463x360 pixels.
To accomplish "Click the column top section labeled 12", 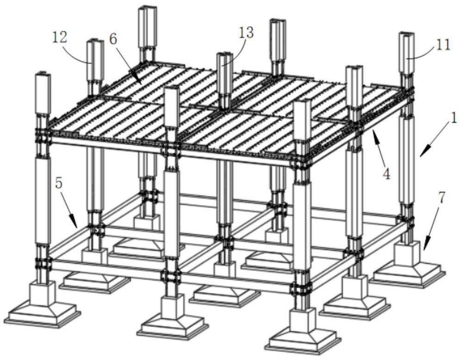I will pyautogui.click(x=94, y=60).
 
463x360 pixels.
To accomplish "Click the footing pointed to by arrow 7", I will pyautogui.click(x=407, y=264).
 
